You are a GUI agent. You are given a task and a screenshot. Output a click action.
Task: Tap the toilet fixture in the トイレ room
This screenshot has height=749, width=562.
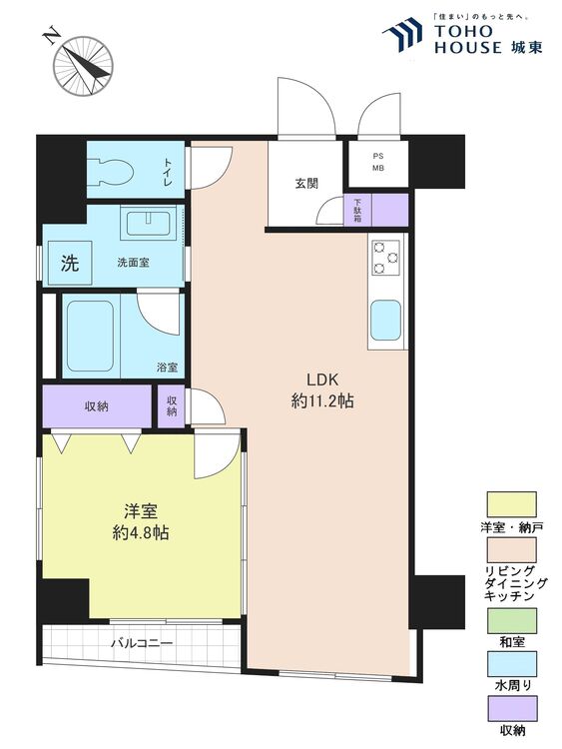click(x=115, y=170)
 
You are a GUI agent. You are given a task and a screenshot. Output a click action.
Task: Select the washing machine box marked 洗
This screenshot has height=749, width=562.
click(x=70, y=263)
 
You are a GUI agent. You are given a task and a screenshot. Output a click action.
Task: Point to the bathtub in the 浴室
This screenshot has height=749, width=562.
click(x=90, y=336)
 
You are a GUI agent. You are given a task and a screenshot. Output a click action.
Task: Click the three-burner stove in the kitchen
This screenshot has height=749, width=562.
click(x=385, y=258)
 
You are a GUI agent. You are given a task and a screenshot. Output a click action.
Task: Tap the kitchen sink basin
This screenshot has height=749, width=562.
click(x=385, y=320)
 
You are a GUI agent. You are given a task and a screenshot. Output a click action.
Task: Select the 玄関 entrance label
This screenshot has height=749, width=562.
click(x=306, y=184)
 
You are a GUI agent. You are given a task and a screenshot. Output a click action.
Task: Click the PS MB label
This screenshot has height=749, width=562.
click(x=378, y=163)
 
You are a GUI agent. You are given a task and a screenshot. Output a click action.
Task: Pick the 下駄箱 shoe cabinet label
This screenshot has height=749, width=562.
click(x=357, y=210)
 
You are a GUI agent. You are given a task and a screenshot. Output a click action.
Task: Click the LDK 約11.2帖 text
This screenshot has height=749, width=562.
click(x=322, y=390)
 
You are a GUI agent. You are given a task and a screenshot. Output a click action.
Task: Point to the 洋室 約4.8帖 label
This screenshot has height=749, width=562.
click(x=141, y=522)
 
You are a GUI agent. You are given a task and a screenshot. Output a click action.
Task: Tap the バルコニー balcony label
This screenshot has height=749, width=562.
click(x=142, y=643)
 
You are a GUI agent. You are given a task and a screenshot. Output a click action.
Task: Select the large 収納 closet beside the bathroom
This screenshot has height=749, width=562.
click(x=97, y=406)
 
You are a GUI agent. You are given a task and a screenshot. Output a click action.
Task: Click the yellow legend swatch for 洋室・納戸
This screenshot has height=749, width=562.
click(x=511, y=504)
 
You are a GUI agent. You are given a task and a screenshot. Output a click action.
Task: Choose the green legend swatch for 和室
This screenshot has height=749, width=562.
click(x=511, y=620)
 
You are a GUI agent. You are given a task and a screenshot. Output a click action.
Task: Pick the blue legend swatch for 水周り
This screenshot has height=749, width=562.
click(x=511, y=664)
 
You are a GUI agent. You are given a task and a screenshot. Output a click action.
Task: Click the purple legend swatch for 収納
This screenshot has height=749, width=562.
click(x=511, y=708)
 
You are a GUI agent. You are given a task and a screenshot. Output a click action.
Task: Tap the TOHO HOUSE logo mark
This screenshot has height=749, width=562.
click(x=402, y=34)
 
